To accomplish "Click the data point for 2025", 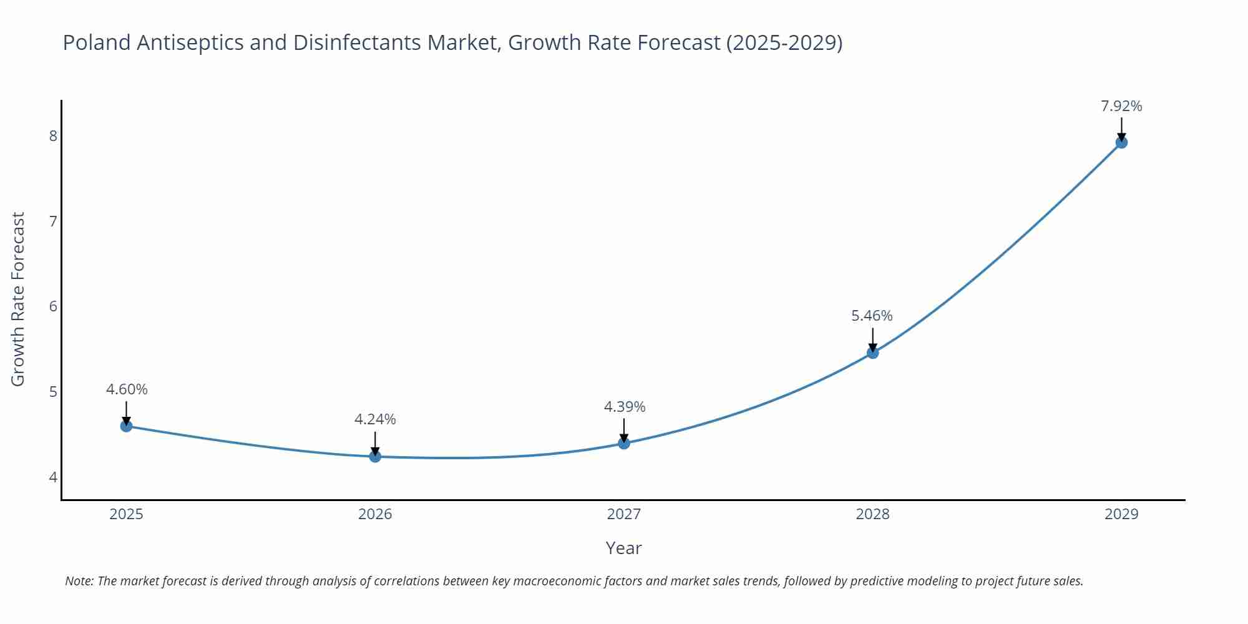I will [126, 426].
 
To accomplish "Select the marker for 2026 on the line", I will [375, 457].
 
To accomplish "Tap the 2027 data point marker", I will [624, 443].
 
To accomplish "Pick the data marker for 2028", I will [872, 353].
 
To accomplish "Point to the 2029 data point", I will [1121, 142].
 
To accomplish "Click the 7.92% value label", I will [1121, 106].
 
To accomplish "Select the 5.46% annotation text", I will [872, 316].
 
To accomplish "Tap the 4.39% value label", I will [624, 407].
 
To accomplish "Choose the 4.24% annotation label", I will [375, 419].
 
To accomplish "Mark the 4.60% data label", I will [127, 389].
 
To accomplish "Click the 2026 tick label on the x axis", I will [375, 514].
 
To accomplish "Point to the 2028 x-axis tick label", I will [872, 514].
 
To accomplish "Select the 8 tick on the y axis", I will [53, 135].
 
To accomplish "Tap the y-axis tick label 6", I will [53, 306].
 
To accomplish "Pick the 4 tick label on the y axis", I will [53, 477].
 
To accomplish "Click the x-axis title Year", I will [623, 548].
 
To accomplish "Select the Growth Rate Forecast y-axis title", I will [18, 299].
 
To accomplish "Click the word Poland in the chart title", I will [97, 42].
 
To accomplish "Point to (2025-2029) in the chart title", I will [784, 42].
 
